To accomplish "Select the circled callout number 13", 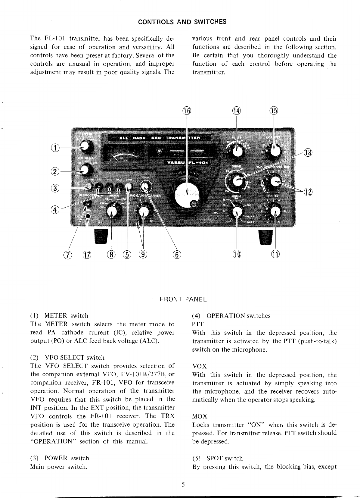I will (307, 152).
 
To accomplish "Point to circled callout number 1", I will (54, 148).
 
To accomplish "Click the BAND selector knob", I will (237, 211).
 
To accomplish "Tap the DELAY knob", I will (275, 211).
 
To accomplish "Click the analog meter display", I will (124, 155).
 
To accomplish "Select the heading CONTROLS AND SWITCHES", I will (182, 22).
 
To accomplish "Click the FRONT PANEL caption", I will (183, 299).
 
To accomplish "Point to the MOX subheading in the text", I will (200, 416).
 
